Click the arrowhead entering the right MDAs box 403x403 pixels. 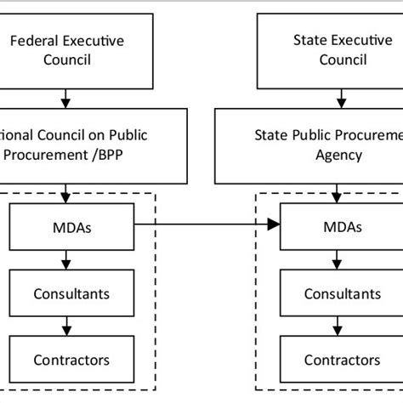click(273, 224)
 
